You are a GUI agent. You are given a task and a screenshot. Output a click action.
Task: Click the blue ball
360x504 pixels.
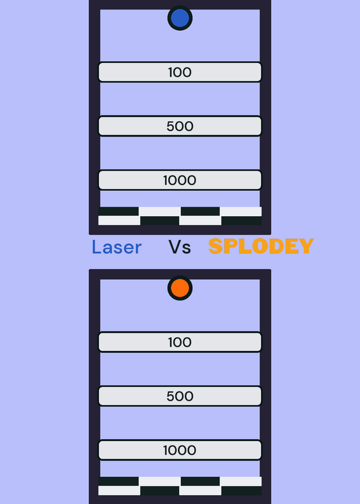pyautogui.click(x=180, y=18)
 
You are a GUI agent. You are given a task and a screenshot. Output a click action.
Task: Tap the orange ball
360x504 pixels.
pyautogui.click(x=180, y=288)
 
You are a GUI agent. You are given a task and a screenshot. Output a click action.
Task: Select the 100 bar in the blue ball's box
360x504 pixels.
pyautogui.click(x=180, y=72)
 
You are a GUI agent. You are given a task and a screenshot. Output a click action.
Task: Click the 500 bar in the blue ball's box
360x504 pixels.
pyautogui.click(x=180, y=126)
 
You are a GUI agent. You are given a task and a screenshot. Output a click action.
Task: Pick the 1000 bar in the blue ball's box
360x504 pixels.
pyautogui.click(x=180, y=180)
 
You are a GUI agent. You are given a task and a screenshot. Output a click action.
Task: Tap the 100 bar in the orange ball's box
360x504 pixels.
pyautogui.click(x=180, y=342)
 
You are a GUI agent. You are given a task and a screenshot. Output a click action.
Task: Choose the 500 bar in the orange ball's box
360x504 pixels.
pyautogui.click(x=180, y=396)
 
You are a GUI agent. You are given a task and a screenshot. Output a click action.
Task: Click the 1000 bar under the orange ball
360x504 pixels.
pyautogui.click(x=180, y=450)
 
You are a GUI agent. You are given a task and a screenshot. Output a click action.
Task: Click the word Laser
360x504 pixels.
pyautogui.click(x=117, y=247)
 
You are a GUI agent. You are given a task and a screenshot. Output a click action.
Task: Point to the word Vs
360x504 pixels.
pyautogui.click(x=180, y=247)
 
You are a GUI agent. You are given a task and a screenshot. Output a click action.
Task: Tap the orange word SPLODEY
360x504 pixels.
pyautogui.click(x=261, y=246)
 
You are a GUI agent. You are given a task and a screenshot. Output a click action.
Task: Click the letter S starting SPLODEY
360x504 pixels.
pyautogui.click(x=216, y=246)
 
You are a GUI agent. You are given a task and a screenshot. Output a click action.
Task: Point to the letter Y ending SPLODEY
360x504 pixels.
pyautogui.click(x=306, y=246)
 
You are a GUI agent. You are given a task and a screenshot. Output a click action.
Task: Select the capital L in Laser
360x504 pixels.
pyautogui.click(x=96, y=247)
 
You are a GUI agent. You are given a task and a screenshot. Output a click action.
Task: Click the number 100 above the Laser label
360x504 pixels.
pyautogui.click(x=180, y=72)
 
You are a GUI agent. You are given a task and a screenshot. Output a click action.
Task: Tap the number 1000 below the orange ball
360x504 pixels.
pyautogui.click(x=180, y=450)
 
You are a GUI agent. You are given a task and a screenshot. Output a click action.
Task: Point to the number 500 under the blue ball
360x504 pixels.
pyautogui.click(x=180, y=127)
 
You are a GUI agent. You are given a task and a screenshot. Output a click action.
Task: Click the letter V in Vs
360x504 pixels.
pyautogui.click(x=175, y=247)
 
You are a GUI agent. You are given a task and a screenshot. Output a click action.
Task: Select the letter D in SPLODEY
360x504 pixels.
pyautogui.click(x=276, y=246)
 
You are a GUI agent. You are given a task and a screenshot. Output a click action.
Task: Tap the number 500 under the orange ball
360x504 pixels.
pyautogui.click(x=180, y=396)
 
